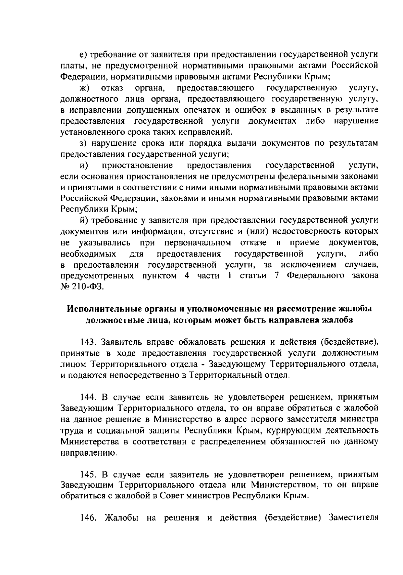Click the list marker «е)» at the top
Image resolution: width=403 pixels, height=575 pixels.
click(x=83, y=54)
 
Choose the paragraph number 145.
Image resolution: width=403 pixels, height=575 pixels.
click(x=88, y=474)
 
